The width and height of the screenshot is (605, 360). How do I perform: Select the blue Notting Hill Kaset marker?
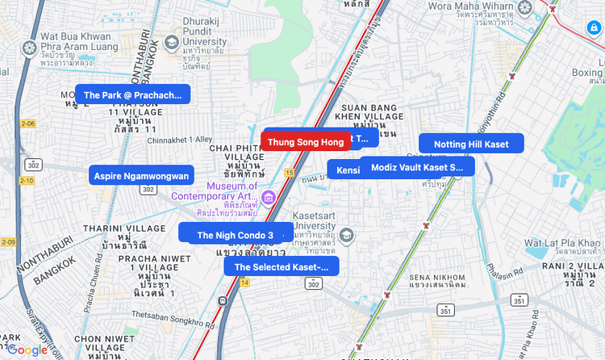coord(471,144)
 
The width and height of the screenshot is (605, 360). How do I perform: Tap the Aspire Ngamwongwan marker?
coord(141,175)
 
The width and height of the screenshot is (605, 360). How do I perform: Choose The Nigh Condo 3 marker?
coord(235,235)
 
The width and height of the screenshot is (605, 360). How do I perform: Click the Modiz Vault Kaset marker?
coord(417,167)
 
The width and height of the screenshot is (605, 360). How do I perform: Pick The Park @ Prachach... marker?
coord(132,94)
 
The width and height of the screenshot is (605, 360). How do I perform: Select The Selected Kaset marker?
coord(281,266)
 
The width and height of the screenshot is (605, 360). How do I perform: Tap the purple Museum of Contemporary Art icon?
coord(269,197)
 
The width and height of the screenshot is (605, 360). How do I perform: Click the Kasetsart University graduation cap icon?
coord(346,236)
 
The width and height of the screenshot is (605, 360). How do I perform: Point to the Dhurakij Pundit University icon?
coord(172,42)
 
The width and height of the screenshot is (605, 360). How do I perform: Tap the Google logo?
coord(28,350)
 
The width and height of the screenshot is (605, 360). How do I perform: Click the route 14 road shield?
coord(244,283)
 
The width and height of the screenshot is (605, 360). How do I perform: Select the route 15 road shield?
coord(289,173)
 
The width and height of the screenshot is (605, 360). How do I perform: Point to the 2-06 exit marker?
coord(28,123)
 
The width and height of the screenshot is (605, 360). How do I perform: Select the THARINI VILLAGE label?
coord(123,228)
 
